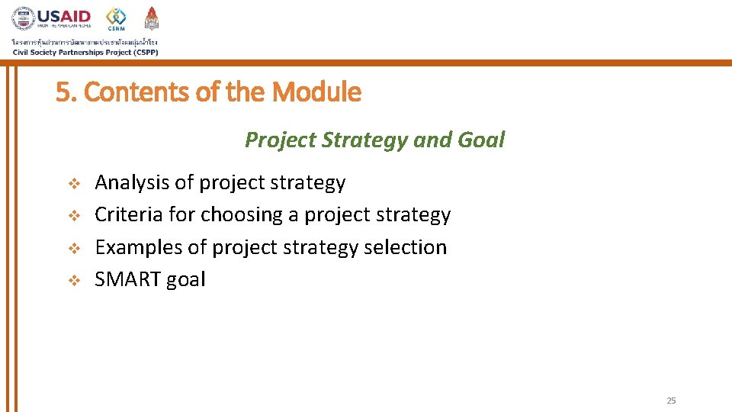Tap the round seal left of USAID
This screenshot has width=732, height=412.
[23, 18]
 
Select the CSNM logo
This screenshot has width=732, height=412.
[116, 19]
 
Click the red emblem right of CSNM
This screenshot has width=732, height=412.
[152, 18]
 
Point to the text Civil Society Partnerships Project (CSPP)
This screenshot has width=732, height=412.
[85, 52]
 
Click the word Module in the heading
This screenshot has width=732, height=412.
[316, 92]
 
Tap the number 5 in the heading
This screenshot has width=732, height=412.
[62, 92]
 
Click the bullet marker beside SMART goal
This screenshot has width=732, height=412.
[74, 281]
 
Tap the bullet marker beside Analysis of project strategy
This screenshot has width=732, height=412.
[74, 184]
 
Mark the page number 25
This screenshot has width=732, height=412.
[671, 401]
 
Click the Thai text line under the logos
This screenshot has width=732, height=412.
[85, 41]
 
